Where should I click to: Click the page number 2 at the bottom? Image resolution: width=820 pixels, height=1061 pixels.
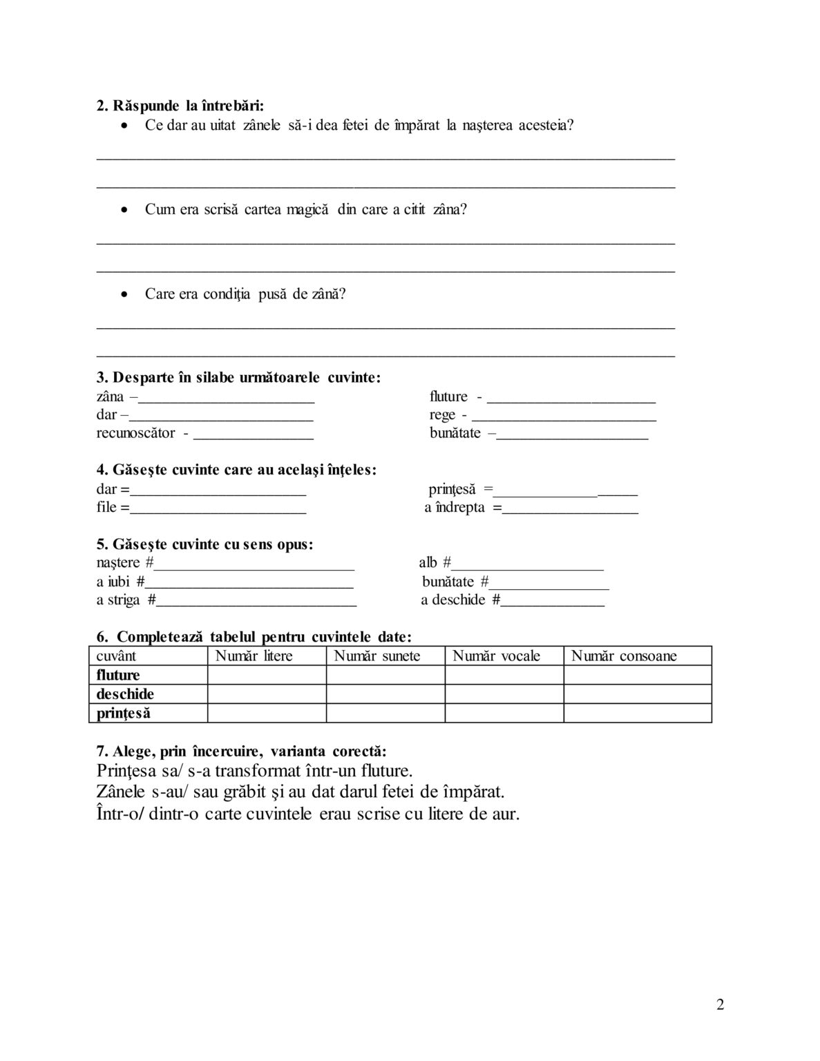click(x=721, y=1005)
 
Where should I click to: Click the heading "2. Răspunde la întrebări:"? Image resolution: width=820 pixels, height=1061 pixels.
click(x=180, y=106)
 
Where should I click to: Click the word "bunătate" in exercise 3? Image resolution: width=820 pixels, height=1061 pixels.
click(x=455, y=434)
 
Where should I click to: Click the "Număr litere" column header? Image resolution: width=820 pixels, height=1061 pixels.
click(x=254, y=656)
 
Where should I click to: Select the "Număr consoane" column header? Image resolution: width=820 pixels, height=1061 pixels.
click(x=624, y=656)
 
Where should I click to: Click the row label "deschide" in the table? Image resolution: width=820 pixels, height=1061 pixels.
click(x=125, y=694)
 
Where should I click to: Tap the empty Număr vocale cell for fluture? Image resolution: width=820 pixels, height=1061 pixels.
click(x=504, y=675)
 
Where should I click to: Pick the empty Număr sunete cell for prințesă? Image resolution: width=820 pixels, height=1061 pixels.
click(x=385, y=713)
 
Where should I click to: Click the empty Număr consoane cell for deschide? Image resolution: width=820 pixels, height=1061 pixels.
click(x=637, y=694)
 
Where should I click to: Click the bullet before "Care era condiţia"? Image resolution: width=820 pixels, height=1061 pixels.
click(x=124, y=294)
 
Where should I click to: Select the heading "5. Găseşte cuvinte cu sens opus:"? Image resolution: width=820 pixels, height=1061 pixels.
click(x=204, y=544)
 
